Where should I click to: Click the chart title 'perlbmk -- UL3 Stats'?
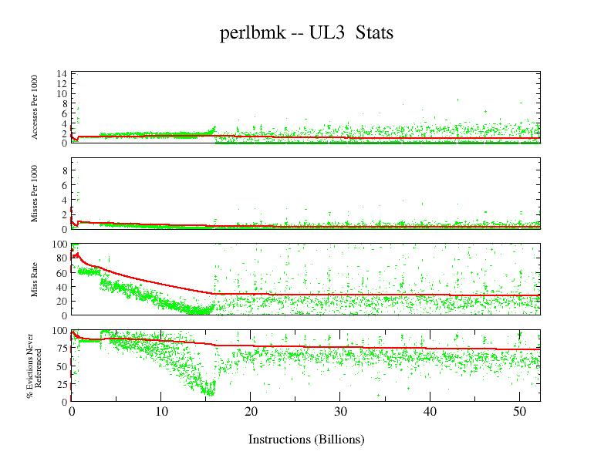(306, 33)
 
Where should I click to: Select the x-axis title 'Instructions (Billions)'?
(305, 440)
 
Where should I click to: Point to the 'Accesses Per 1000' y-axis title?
(35, 107)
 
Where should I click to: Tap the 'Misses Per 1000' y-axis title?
(35, 193)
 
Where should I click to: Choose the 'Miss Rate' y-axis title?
(35, 279)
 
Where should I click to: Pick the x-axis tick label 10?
(160, 413)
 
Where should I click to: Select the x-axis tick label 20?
(250, 413)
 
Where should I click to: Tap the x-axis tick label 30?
(340, 413)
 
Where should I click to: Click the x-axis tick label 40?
(430, 413)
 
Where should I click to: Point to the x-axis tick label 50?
(519, 413)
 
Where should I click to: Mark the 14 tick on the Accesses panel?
(61, 74)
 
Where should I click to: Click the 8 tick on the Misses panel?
(64, 170)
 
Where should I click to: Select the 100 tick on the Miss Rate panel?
(59, 244)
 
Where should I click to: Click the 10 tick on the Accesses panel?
(61, 93)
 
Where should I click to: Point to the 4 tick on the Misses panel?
(64, 200)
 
